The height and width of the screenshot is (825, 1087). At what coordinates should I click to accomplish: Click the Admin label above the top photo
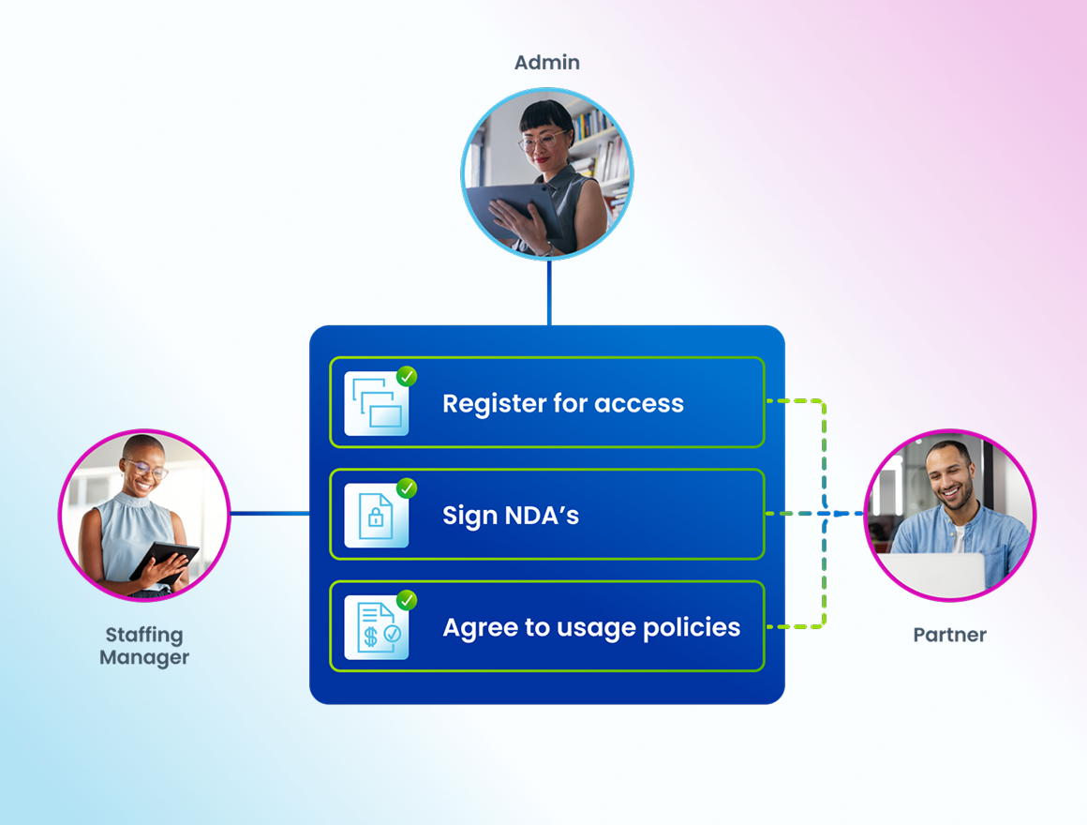click(547, 63)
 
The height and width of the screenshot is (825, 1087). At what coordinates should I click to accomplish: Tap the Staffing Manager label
click(144, 646)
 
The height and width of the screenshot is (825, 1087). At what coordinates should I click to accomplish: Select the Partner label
click(949, 635)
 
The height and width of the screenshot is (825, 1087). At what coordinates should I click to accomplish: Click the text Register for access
click(563, 403)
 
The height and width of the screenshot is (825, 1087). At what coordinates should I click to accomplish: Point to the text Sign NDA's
click(511, 515)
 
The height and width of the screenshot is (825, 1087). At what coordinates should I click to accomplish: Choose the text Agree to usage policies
click(591, 627)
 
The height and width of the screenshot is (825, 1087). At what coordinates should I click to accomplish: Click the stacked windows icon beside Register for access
click(376, 405)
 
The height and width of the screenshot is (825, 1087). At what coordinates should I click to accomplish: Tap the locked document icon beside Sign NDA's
click(376, 517)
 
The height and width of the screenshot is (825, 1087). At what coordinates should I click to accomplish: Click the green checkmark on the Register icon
click(407, 377)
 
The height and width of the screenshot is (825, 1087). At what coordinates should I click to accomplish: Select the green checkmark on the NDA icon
click(407, 488)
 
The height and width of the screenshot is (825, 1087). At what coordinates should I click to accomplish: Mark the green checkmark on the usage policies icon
click(407, 600)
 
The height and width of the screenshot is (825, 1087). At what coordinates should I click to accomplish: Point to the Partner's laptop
click(932, 574)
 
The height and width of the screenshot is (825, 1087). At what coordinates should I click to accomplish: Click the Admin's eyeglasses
click(542, 142)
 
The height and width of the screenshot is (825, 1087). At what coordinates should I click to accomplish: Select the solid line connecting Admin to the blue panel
click(549, 292)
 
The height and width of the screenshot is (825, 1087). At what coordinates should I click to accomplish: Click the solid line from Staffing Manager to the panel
click(270, 513)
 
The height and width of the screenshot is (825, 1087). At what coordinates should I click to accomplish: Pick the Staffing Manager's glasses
click(147, 469)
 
